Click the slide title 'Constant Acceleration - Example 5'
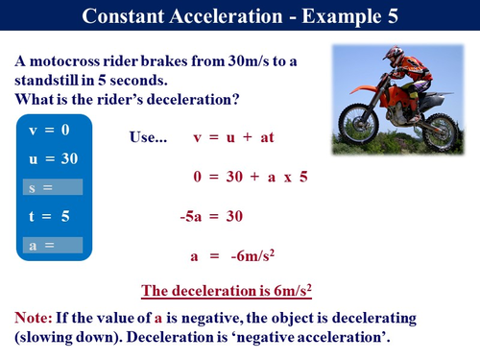tap(240, 16)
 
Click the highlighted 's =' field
tap(54, 187)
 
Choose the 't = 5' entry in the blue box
tap(49, 216)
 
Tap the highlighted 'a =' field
tap(54, 246)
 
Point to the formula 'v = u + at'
tap(234, 138)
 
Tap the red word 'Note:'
tap(35, 317)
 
